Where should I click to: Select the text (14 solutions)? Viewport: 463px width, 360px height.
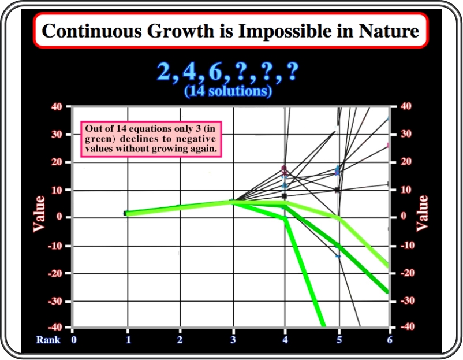coord(228,91)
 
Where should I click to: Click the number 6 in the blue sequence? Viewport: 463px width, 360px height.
coord(215,72)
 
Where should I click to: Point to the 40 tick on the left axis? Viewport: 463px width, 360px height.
coord(57,106)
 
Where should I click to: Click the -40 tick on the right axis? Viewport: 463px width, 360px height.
coord(408,326)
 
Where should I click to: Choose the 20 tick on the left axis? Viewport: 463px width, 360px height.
coord(57,162)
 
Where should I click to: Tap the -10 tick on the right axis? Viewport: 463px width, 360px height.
coord(408,246)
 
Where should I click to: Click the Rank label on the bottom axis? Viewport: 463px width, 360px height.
coord(48,340)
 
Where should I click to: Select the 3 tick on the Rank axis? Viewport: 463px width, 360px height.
coord(233,340)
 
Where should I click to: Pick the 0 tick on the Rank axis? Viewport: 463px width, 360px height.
coord(74,340)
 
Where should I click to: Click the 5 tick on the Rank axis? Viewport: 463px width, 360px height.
coord(339,340)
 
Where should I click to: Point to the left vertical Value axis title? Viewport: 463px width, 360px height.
coord(39,214)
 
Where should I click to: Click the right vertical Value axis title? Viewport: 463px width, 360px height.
coord(422,213)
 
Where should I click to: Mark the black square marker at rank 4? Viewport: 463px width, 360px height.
coord(285,196)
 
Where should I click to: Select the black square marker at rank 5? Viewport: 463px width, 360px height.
coord(338,190)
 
